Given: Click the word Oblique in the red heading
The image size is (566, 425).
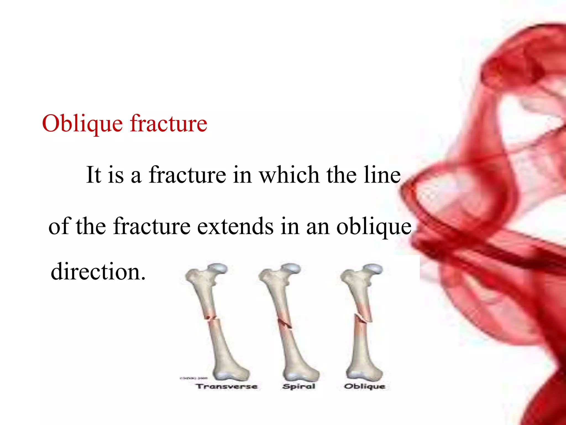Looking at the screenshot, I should pyautogui.click(x=82, y=124).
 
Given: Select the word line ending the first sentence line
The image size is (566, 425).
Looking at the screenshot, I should pyautogui.click(x=382, y=175).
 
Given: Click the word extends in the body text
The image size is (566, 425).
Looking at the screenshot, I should pyautogui.click(x=235, y=226).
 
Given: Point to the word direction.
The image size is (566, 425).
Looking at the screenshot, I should pyautogui.click(x=98, y=272).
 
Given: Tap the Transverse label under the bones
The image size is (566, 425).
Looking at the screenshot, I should pyautogui.click(x=227, y=386).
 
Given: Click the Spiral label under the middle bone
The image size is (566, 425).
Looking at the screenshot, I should pyautogui.click(x=299, y=386).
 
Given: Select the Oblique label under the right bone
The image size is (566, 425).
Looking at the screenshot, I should pyautogui.click(x=365, y=386).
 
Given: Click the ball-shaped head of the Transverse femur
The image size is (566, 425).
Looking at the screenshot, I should pyautogui.click(x=218, y=268).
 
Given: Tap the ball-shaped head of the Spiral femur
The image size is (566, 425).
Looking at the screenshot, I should pyautogui.click(x=291, y=268).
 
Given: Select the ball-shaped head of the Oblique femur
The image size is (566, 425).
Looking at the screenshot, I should pyautogui.click(x=373, y=268).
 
